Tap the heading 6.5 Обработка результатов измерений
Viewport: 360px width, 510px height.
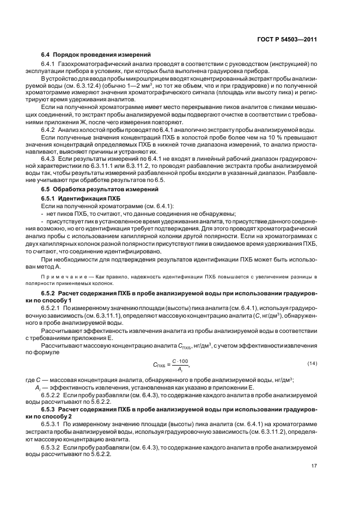pos(100,189)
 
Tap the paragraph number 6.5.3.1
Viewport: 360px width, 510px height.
pos(53,423)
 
